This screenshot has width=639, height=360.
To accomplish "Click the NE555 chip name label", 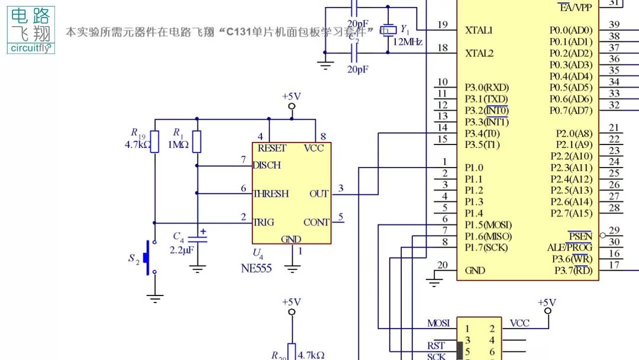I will [x=256, y=268].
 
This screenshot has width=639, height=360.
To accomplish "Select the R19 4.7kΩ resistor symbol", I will [x=154, y=142].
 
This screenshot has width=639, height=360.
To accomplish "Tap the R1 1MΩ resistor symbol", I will [x=197, y=142].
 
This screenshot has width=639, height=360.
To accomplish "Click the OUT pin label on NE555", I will [x=319, y=194].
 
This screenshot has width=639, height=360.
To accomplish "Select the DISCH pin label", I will [x=267, y=165].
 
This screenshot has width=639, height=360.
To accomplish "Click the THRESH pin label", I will [x=271, y=194].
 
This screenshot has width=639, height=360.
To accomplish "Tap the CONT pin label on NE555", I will [x=317, y=223].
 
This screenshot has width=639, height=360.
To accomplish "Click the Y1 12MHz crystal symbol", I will [x=388, y=30].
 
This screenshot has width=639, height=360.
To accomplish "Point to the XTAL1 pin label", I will [x=479, y=30].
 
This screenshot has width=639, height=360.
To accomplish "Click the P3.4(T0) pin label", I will [x=482, y=133].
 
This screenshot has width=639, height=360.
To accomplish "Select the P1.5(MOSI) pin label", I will [x=488, y=225].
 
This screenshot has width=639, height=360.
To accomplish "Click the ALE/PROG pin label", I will [x=569, y=247].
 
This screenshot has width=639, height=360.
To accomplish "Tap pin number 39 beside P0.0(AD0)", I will [x=614, y=24].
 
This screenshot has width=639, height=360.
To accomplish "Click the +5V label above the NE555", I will [x=291, y=96].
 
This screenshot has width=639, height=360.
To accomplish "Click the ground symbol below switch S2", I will [x=155, y=298].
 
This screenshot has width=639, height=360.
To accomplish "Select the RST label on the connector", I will [x=436, y=346].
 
